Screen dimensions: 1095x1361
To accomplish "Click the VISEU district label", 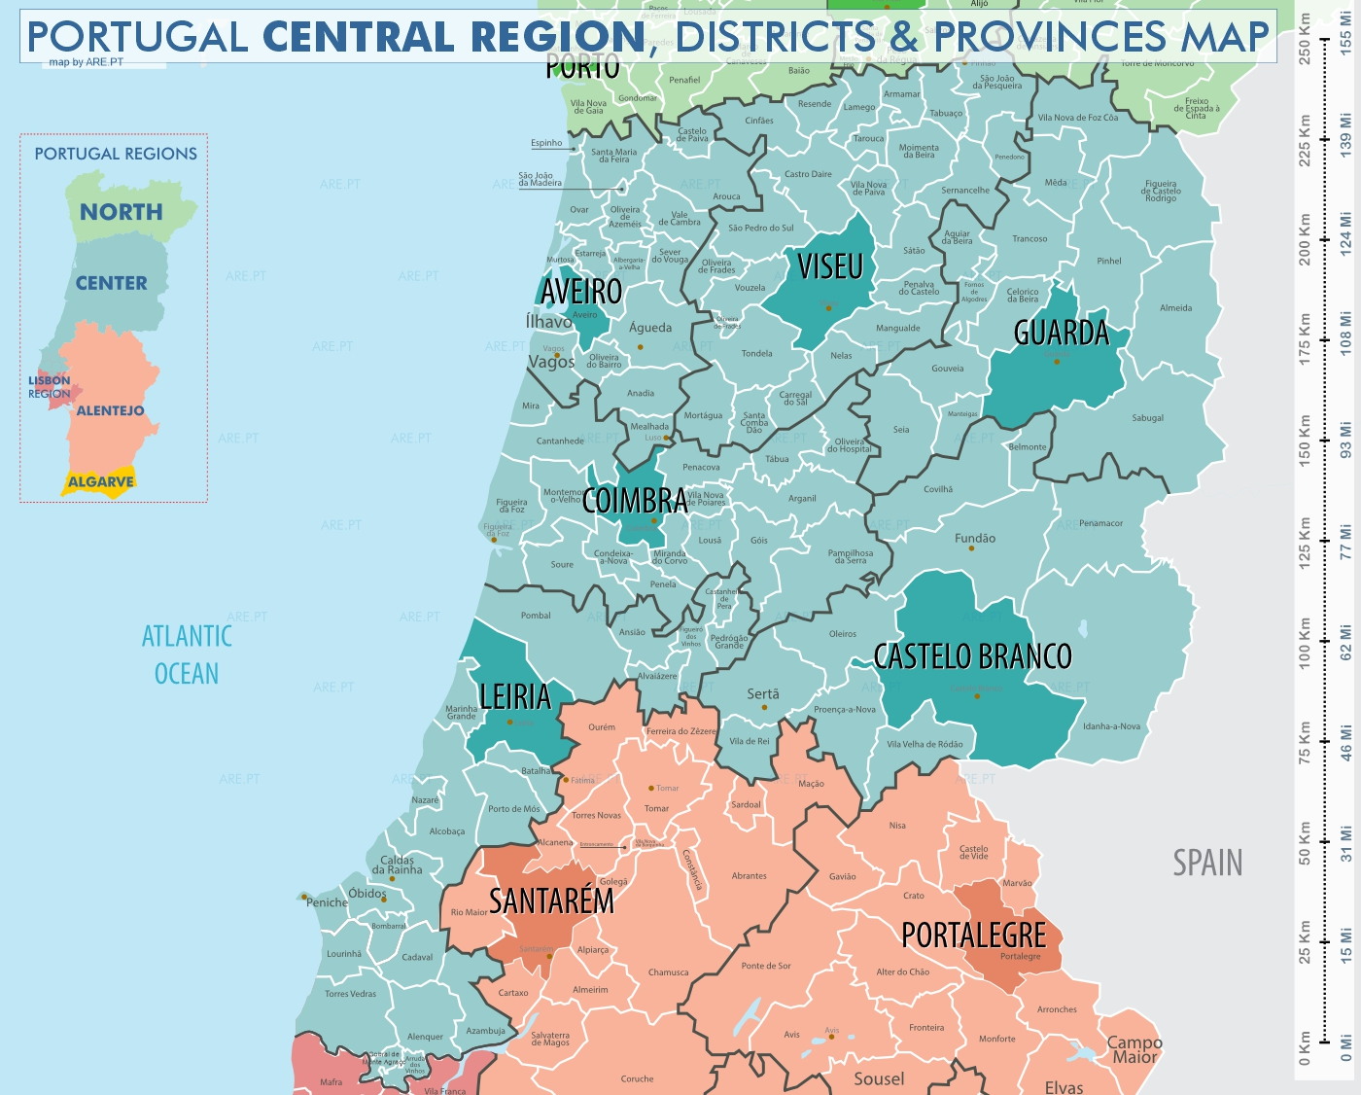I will [x=830, y=266].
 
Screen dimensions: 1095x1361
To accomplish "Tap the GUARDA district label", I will [x=1061, y=334].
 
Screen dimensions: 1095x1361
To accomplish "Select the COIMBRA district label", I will [x=635, y=501].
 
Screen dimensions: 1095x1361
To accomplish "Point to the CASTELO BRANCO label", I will [x=972, y=656].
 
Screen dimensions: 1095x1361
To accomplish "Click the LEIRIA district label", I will [x=515, y=696].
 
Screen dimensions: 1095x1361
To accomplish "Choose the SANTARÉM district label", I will [x=551, y=901].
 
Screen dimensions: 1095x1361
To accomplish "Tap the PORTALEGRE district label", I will [x=973, y=936].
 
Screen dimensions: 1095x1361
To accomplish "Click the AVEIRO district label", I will [x=581, y=291].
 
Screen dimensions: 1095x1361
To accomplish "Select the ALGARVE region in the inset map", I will [x=100, y=482].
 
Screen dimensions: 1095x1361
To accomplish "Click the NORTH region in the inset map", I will [x=122, y=212].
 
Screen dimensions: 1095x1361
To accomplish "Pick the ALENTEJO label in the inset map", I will [x=110, y=410].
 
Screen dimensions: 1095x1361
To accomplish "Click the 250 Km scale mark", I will [x=1305, y=39].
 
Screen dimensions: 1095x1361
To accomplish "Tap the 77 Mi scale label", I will [x=1346, y=542].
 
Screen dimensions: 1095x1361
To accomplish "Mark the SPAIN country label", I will [x=1207, y=863].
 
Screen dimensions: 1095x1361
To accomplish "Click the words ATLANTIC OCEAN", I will [x=187, y=654].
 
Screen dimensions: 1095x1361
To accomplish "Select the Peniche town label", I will [x=328, y=902].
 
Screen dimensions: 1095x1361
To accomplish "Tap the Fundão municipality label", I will [x=975, y=538].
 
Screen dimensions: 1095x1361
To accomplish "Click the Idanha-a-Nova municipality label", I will [x=1111, y=726].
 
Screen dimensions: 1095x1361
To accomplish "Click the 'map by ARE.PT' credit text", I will [x=87, y=62].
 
